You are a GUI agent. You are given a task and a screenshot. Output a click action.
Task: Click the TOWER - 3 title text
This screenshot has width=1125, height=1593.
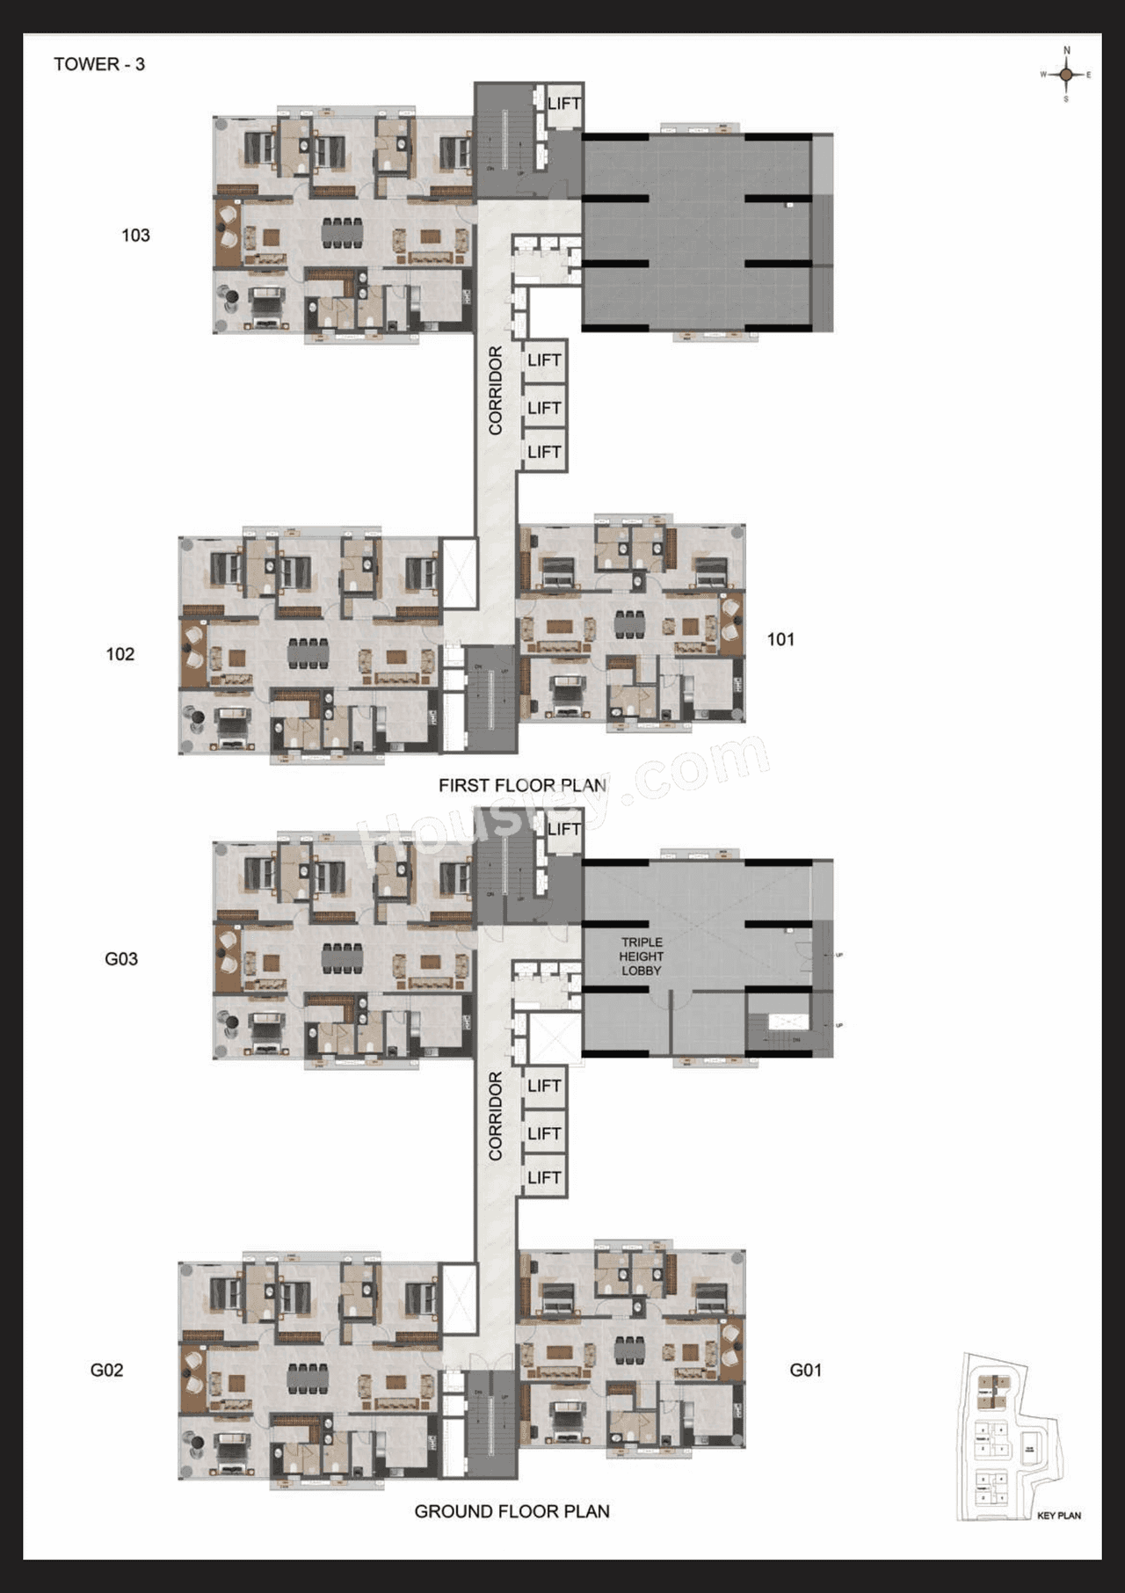point(98,64)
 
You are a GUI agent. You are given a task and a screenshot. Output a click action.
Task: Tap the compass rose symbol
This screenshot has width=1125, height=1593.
point(1066,75)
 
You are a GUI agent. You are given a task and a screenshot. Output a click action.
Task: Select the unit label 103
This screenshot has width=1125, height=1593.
point(135,235)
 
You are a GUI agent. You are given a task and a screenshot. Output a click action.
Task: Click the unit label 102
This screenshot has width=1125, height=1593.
point(120,654)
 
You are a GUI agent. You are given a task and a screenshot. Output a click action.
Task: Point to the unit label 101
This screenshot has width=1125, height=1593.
point(780,639)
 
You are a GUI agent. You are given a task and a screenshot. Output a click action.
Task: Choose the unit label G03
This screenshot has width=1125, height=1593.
point(121,958)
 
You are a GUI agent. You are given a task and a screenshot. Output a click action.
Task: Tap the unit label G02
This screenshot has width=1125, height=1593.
point(106,1370)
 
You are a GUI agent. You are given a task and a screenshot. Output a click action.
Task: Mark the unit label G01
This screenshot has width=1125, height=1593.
point(806,1370)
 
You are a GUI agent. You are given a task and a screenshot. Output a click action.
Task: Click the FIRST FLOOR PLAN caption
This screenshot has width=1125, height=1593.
point(522,785)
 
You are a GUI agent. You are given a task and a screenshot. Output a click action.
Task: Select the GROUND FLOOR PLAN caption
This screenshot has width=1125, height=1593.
point(512,1511)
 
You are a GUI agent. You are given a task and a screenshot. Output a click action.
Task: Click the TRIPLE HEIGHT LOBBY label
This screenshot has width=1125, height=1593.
point(642,956)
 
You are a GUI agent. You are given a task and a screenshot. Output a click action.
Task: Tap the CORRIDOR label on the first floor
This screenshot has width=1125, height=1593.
point(496,390)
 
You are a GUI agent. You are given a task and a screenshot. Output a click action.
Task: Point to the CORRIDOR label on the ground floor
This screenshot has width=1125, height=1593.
point(496,1116)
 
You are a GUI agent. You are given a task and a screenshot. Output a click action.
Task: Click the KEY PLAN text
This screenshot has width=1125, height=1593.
point(1058,1516)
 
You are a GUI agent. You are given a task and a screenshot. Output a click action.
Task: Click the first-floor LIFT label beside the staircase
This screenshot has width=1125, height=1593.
point(563,104)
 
